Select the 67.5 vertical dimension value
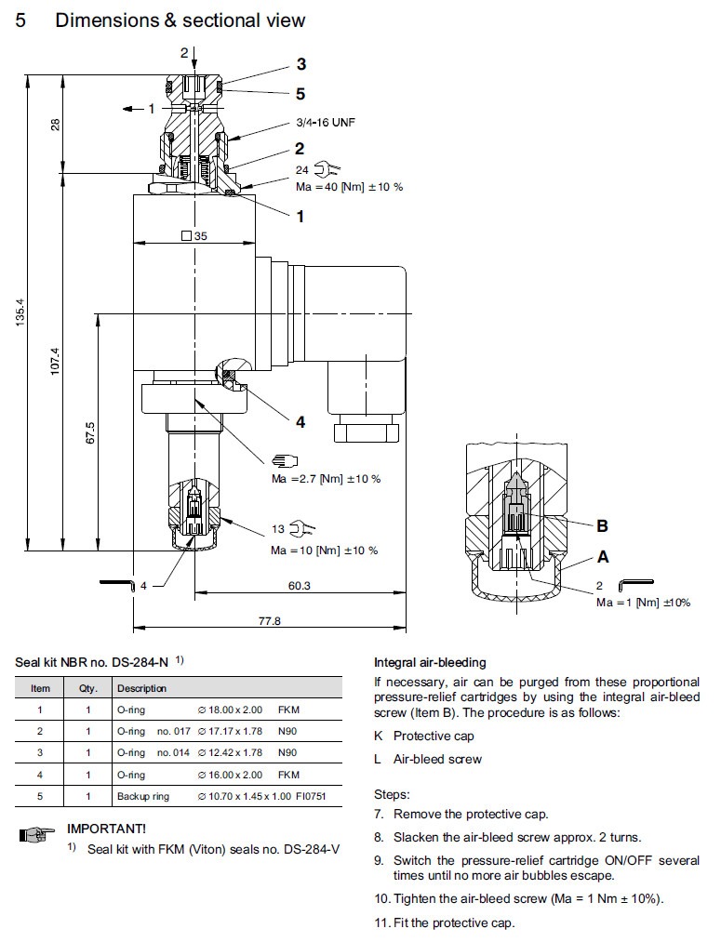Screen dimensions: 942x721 tap(90, 433)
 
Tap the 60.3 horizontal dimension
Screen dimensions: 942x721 tap(299, 586)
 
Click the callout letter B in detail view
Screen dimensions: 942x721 tap(602, 525)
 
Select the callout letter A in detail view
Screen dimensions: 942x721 tap(602, 557)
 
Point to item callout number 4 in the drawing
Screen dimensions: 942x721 tap(300, 421)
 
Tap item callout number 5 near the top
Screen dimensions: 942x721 tap(300, 93)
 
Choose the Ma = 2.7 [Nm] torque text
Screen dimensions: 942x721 tap(326, 479)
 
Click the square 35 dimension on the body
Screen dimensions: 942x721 tap(194, 236)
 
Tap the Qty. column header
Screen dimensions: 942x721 tap(75, 688)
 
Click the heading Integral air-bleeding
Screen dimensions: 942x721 tap(430, 663)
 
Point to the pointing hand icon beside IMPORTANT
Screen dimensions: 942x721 tap(33, 837)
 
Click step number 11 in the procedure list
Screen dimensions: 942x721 tap(381, 922)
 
